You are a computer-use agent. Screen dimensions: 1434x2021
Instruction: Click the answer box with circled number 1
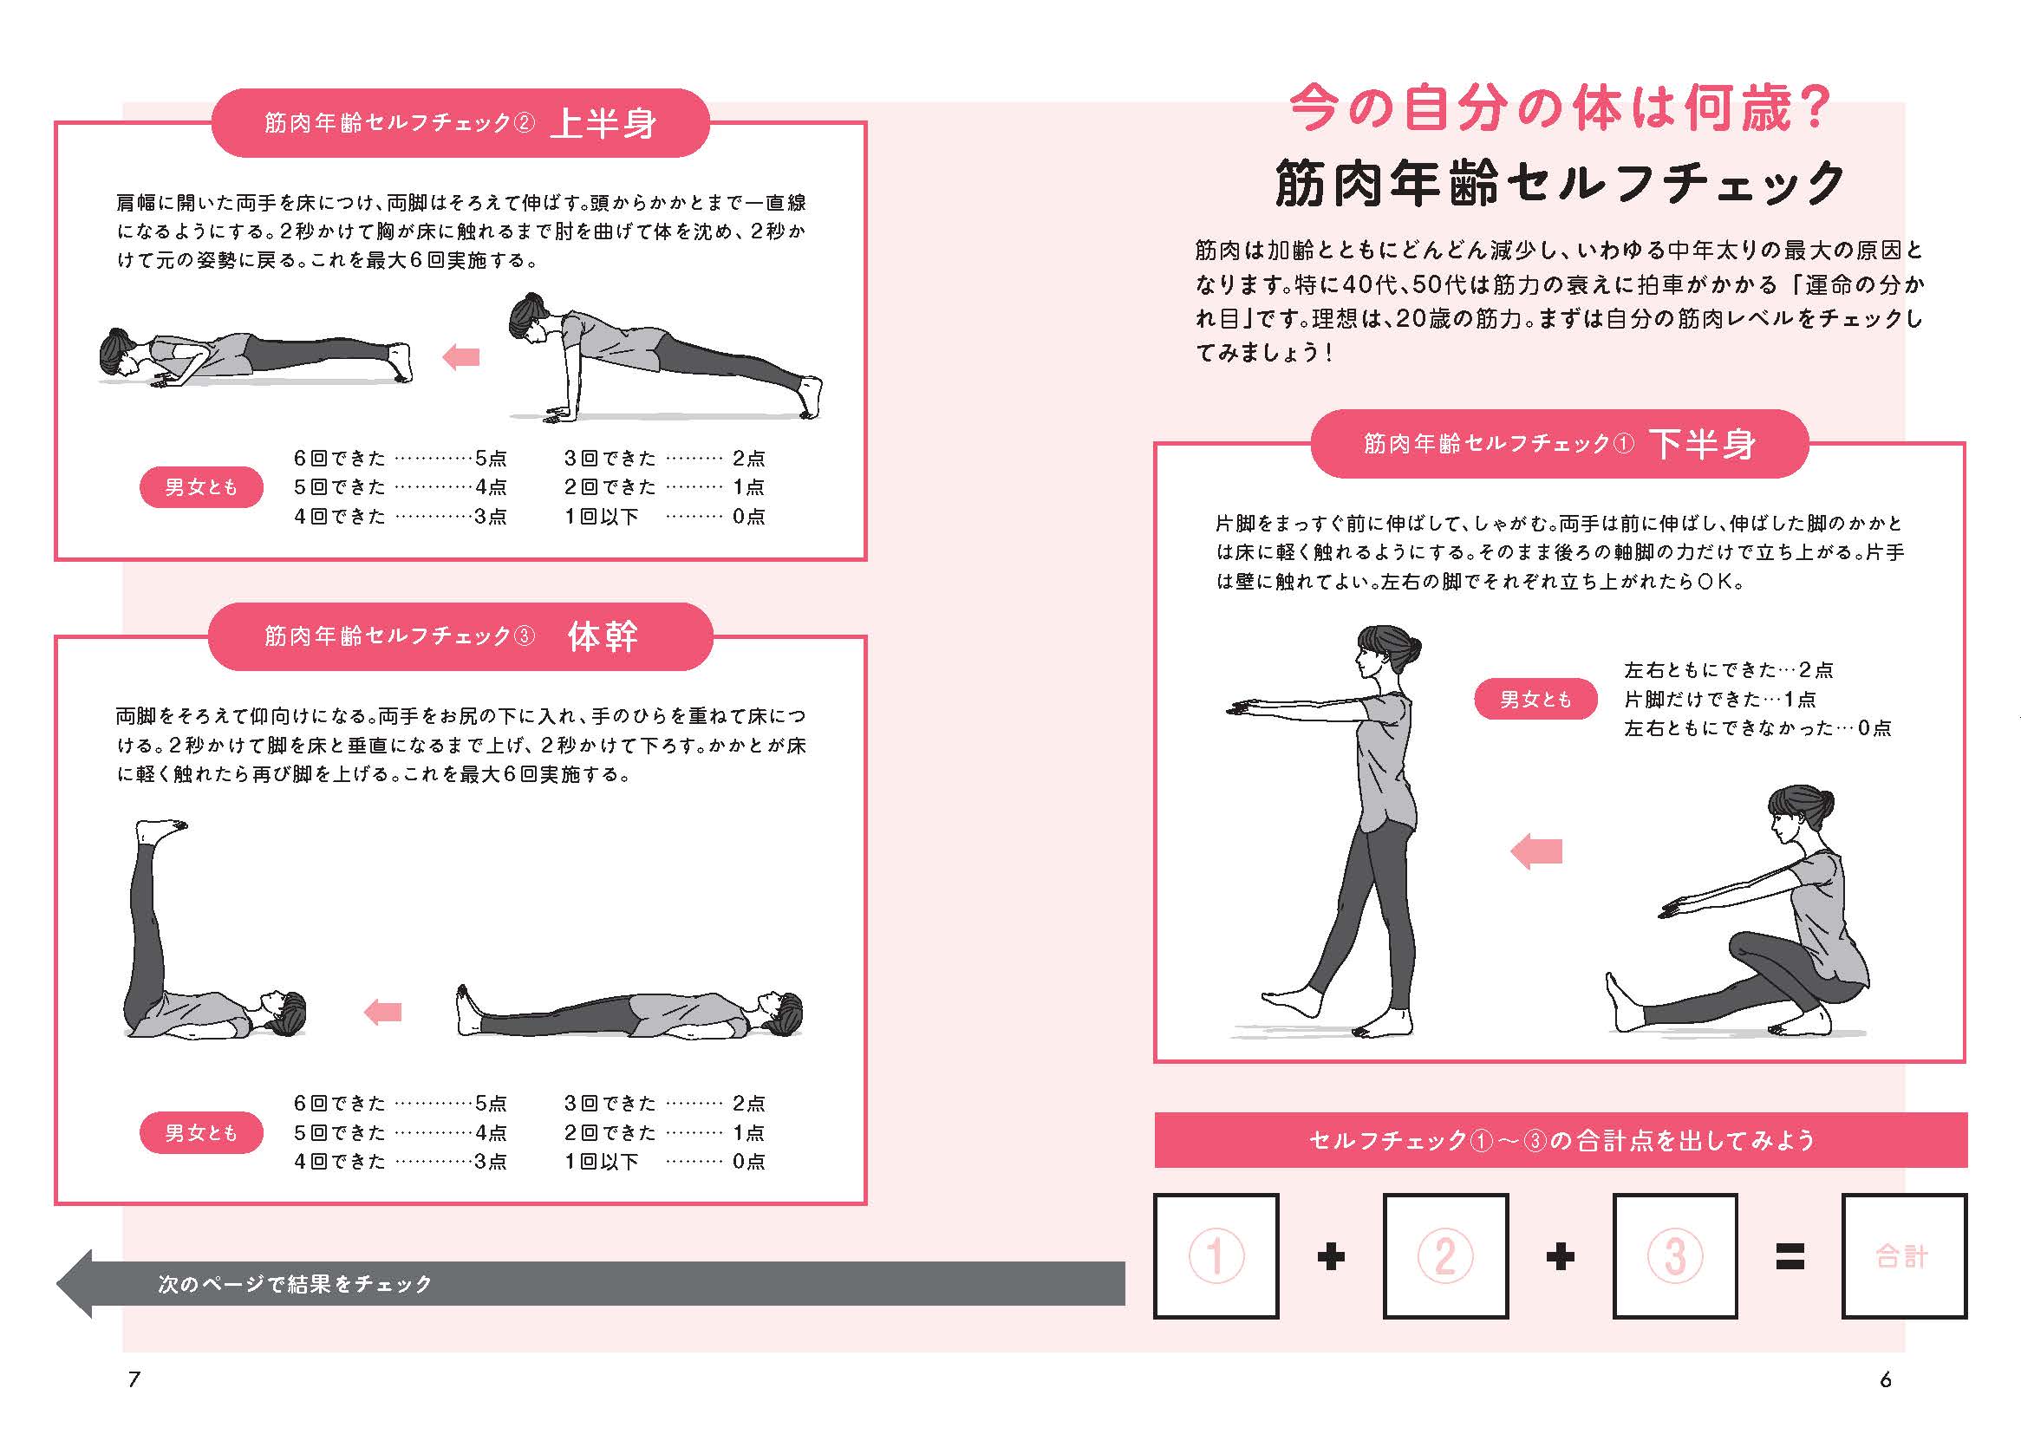[x=1216, y=1255]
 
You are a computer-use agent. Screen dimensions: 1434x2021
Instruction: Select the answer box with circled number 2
[x=1444, y=1255]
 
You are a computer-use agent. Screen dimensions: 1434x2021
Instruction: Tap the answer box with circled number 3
[x=1674, y=1255]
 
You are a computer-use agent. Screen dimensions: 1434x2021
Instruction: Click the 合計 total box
[x=1904, y=1255]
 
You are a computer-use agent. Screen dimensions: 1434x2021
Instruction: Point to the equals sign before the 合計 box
[x=1790, y=1256]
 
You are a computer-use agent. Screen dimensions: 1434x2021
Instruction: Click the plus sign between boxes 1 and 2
[x=1331, y=1256]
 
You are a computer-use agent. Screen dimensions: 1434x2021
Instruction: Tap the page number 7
[x=134, y=1379]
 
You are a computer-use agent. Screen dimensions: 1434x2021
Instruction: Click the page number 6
[x=1885, y=1379]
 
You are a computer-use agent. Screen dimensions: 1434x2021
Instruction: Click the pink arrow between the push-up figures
[x=460, y=357]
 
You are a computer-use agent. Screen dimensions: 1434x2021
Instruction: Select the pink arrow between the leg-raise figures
[x=383, y=1012]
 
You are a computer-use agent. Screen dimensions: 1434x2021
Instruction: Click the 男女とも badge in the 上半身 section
[x=201, y=486]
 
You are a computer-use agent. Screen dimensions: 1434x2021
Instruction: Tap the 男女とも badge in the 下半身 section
[x=1535, y=700]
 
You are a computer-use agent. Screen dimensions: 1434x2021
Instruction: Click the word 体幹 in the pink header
[x=603, y=636]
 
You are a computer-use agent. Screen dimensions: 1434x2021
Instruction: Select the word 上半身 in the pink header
[x=603, y=124]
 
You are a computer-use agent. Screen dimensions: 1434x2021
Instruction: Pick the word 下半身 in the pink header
[x=1702, y=444]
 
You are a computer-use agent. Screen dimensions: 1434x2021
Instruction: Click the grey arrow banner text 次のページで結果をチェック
[x=296, y=1284]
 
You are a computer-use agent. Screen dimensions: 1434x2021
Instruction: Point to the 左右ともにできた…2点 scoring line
[x=1728, y=670]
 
